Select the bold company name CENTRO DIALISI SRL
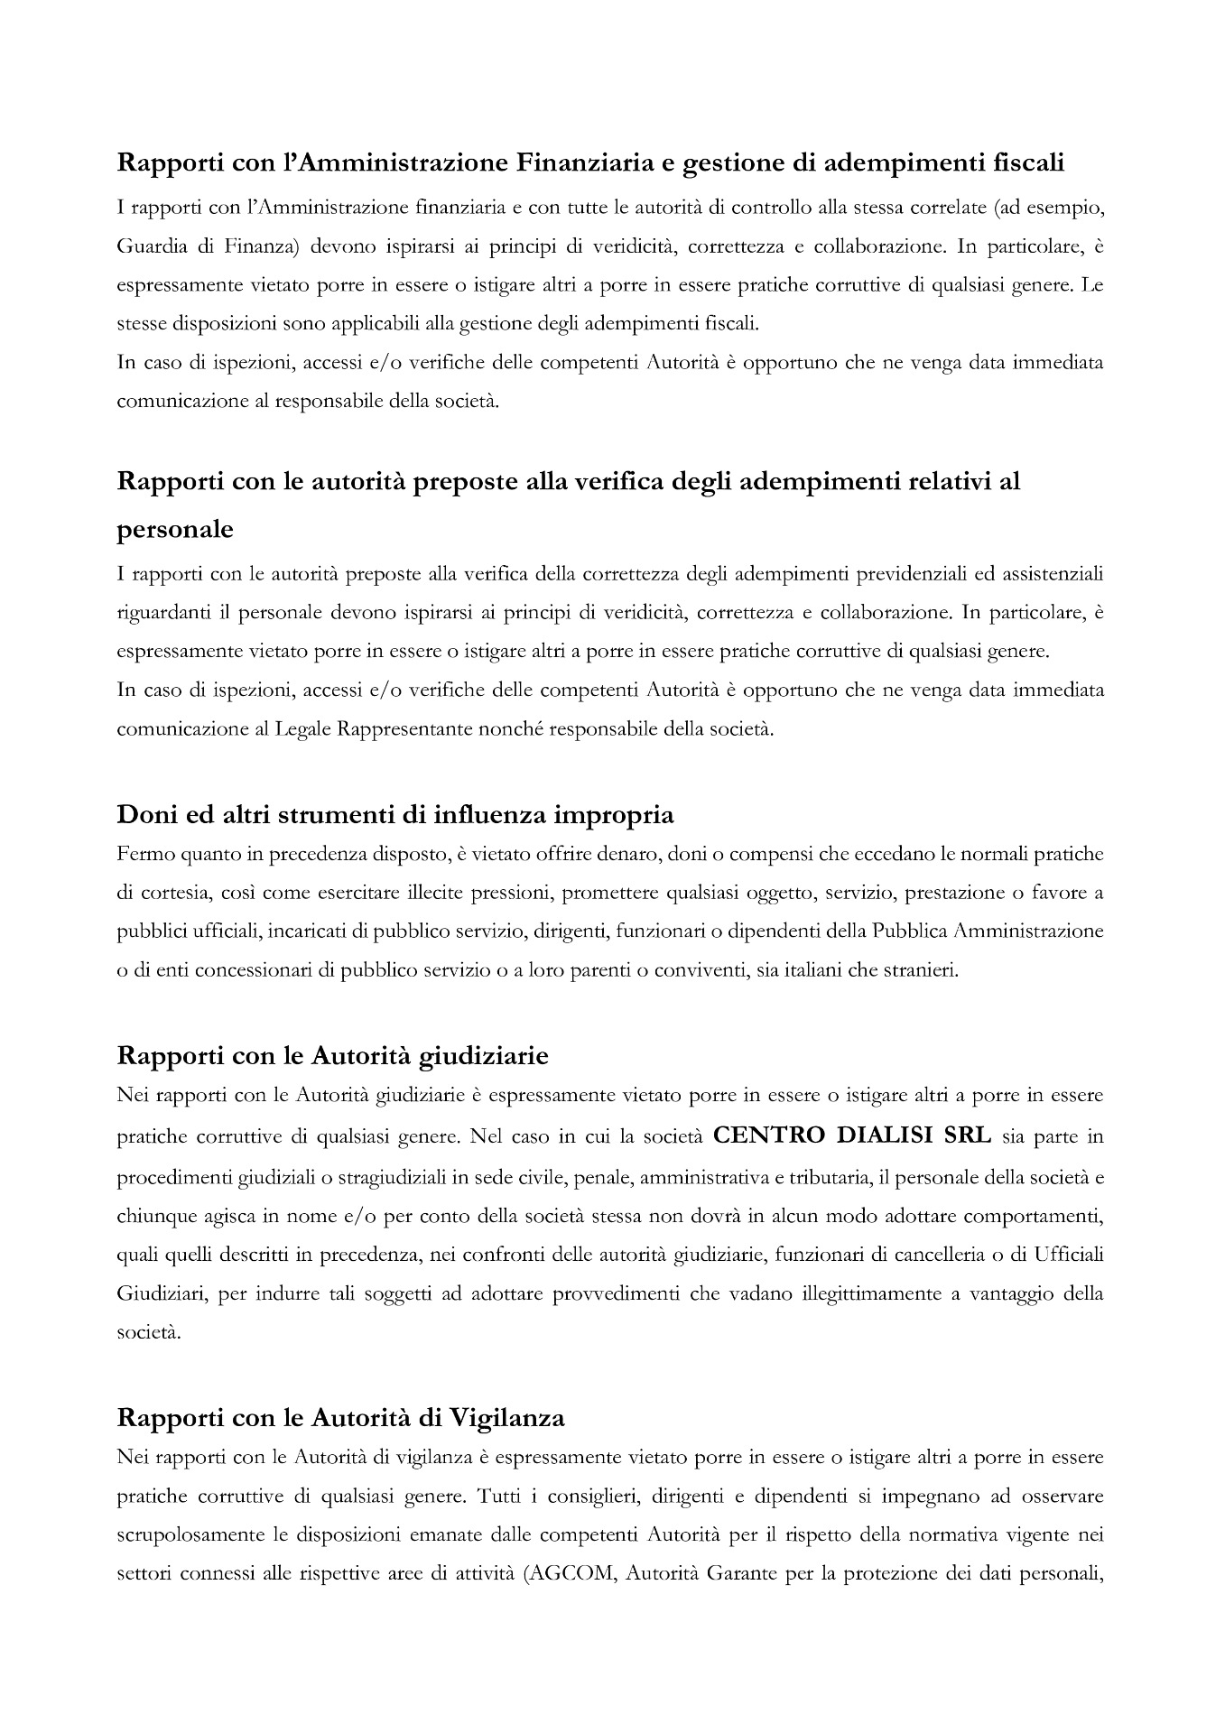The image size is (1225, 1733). (851, 1135)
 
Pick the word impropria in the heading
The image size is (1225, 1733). (614, 815)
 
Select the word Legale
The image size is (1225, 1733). (306, 728)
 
